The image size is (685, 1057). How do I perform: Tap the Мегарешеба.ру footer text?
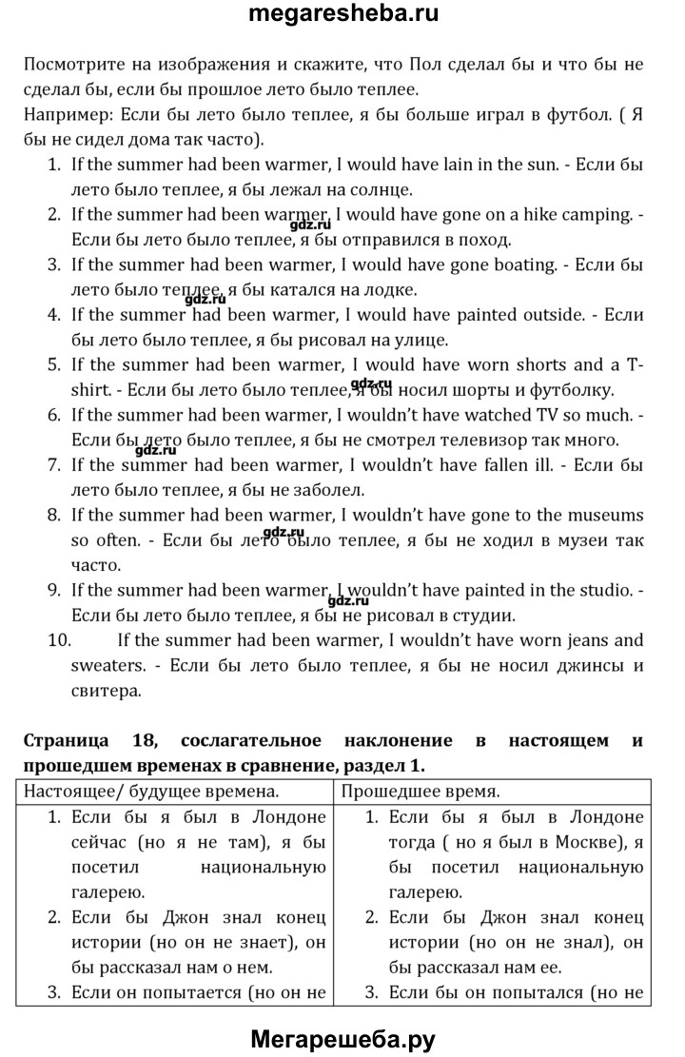point(342,1038)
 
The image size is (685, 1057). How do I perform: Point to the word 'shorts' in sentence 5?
point(540,364)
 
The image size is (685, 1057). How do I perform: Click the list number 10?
point(58,640)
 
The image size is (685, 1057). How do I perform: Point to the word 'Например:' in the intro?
point(65,115)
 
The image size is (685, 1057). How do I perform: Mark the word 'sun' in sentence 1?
point(535,165)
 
